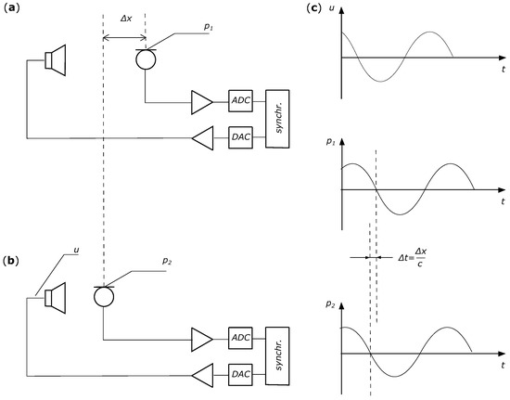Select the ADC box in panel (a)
(241, 99)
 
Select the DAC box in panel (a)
(241, 137)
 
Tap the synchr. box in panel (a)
(278, 118)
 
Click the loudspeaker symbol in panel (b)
(57, 297)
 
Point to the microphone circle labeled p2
(104, 297)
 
